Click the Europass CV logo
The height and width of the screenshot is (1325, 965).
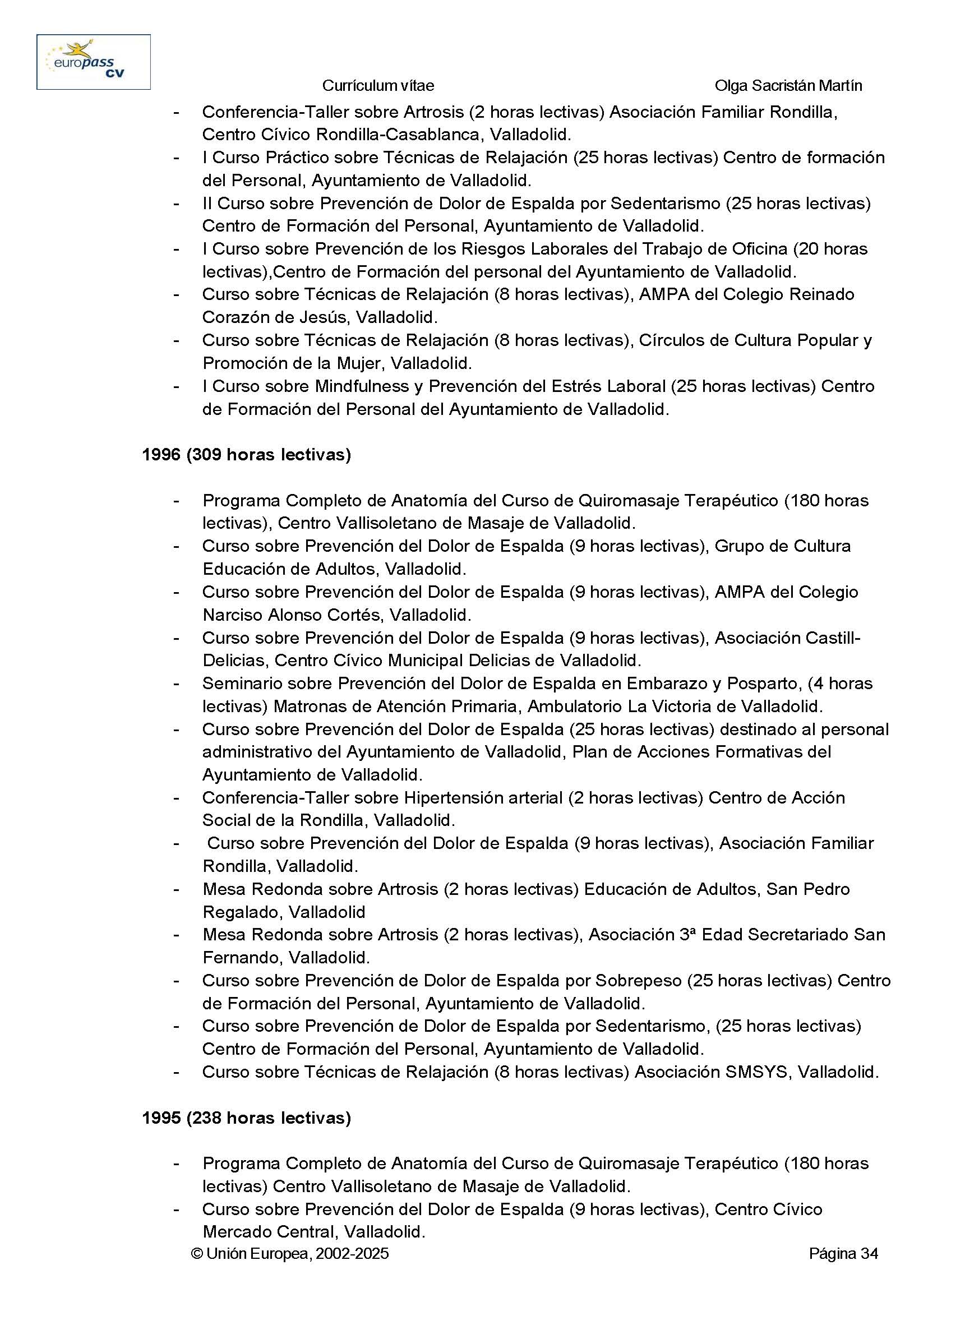(94, 62)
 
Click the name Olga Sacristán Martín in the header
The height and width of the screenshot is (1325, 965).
(788, 86)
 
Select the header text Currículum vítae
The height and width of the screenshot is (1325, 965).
(378, 86)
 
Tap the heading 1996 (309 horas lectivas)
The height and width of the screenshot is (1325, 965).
(246, 455)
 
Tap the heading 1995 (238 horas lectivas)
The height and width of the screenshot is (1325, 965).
(246, 1118)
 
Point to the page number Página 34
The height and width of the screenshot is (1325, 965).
(843, 1253)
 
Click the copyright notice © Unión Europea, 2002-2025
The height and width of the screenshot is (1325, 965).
(290, 1253)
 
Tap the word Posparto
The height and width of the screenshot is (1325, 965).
(763, 684)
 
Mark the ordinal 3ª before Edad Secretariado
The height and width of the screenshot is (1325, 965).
(687, 935)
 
